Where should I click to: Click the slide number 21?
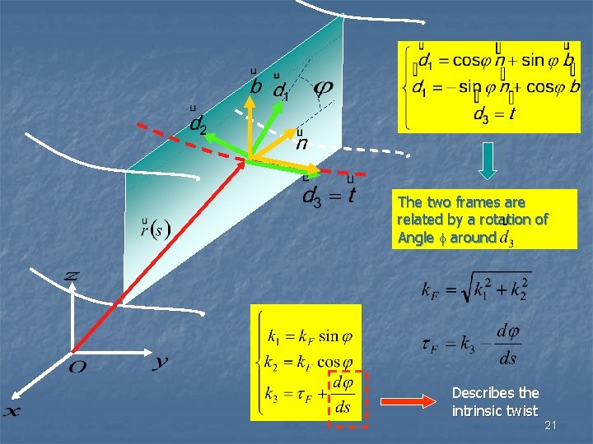(x=551, y=424)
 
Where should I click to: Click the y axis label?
(x=161, y=363)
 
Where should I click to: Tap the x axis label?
(x=12, y=412)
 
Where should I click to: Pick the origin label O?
(x=76, y=368)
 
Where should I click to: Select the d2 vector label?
(x=197, y=123)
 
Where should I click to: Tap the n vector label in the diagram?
(x=301, y=142)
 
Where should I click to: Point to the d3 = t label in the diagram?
(x=329, y=195)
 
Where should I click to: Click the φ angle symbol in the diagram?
(x=324, y=86)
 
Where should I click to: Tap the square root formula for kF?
(x=475, y=289)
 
